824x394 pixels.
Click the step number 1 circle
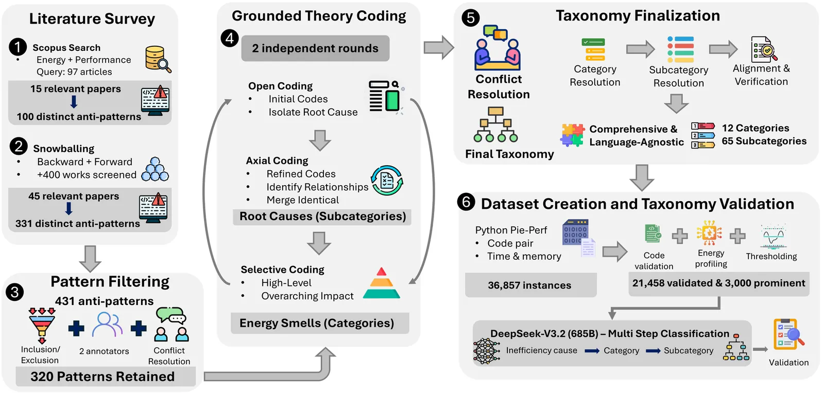click(x=18, y=47)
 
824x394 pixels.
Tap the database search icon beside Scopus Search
click(x=158, y=59)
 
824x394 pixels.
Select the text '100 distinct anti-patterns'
click(x=79, y=117)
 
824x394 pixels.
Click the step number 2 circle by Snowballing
click(x=19, y=147)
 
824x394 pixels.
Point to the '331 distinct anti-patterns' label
click(x=78, y=224)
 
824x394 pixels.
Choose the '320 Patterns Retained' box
click(x=102, y=377)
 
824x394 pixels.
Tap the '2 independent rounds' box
click(x=315, y=48)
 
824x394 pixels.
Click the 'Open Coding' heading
click(x=280, y=86)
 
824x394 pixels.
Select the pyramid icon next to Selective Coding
click(x=382, y=283)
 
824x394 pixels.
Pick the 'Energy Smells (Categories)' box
click(x=317, y=323)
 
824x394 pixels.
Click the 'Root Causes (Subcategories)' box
click(x=322, y=217)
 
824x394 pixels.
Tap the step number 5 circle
click(x=470, y=18)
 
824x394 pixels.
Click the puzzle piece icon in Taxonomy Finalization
click(x=572, y=135)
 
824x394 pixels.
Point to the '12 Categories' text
click(x=755, y=128)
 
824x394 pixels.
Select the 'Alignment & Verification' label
click(x=761, y=75)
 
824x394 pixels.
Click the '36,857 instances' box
click(x=529, y=285)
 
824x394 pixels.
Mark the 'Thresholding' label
click(x=771, y=256)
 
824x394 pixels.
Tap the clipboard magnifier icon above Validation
click(x=788, y=334)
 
